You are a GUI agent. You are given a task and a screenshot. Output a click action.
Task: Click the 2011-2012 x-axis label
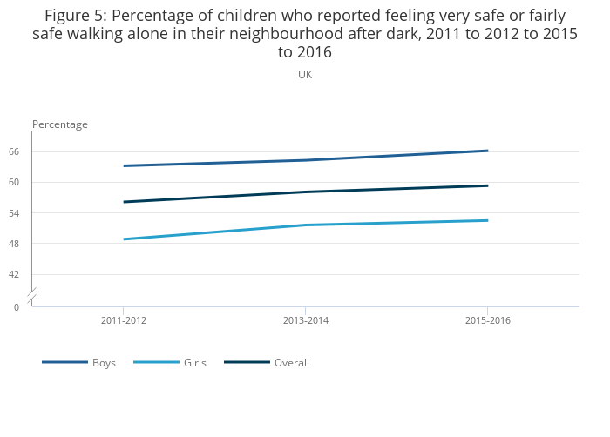coord(124,321)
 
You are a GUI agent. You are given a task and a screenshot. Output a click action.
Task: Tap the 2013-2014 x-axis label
coord(306,321)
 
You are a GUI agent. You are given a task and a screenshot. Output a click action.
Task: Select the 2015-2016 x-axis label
coord(488,321)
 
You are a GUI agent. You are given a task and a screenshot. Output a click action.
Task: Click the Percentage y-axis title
coord(60,124)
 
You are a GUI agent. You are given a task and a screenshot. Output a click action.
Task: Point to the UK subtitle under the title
coord(305,75)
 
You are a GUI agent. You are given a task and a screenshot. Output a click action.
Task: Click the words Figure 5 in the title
coord(75,17)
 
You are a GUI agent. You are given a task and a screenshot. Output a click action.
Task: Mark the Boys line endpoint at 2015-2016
coord(487,151)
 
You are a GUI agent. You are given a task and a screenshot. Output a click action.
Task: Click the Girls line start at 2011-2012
coord(124,239)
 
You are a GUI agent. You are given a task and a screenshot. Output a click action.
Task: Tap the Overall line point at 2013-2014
coord(306,192)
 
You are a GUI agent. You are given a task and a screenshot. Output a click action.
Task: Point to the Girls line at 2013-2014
coord(306,225)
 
